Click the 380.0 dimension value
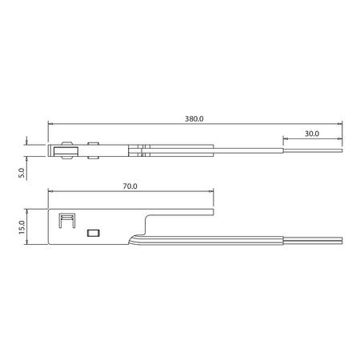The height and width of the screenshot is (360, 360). click(195, 118)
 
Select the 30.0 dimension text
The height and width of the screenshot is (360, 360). click(311, 133)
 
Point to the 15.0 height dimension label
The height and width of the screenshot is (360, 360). click(22, 228)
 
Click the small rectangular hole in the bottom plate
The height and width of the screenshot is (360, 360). click(92, 232)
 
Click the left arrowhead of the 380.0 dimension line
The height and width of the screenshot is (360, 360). click(50, 124)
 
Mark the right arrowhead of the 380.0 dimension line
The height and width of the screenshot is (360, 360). click(340, 124)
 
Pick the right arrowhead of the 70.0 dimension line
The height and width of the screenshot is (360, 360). click(211, 191)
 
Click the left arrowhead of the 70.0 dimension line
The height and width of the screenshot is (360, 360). click(50, 191)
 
